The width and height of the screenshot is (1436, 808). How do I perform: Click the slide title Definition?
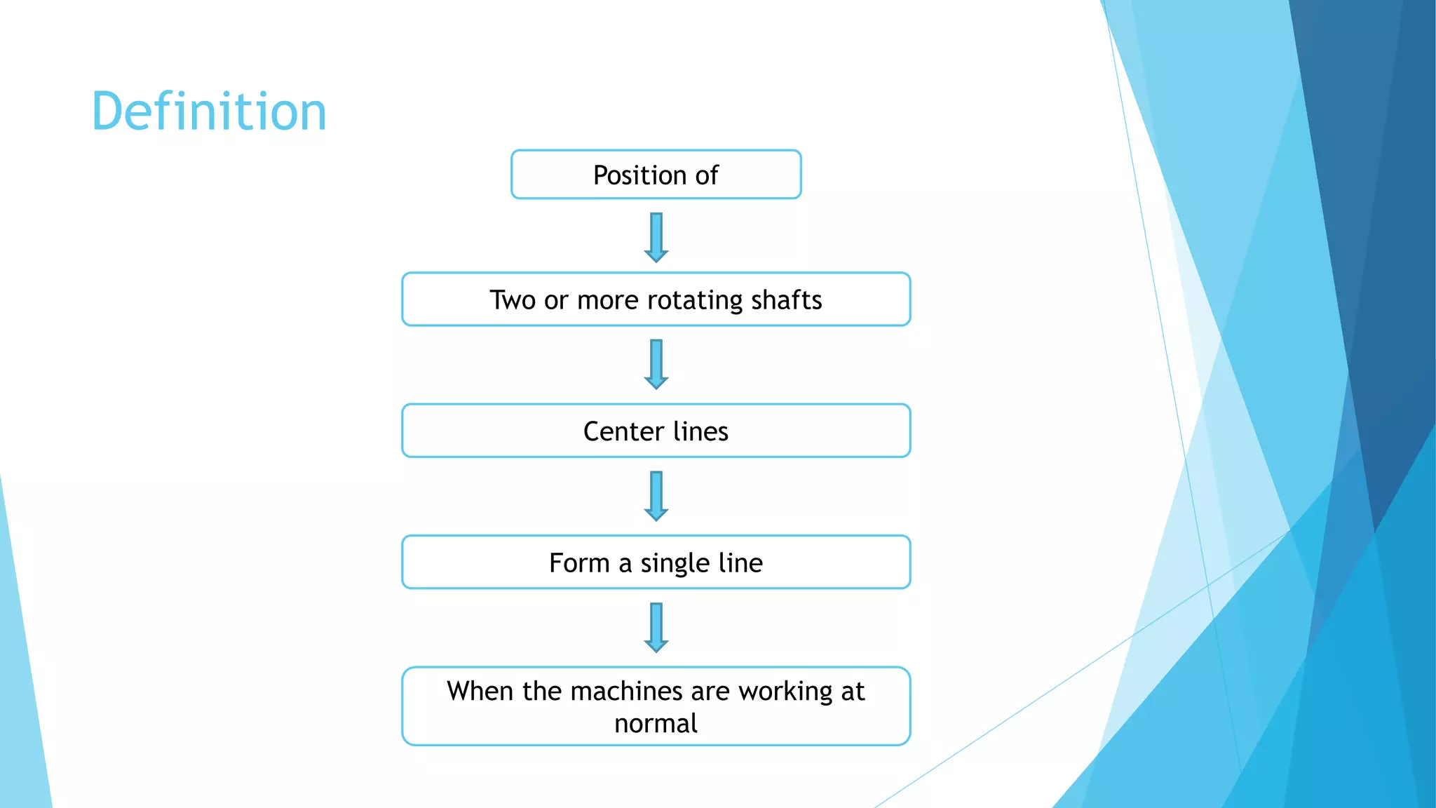[x=209, y=112]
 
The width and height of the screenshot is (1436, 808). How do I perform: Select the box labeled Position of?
[x=656, y=175]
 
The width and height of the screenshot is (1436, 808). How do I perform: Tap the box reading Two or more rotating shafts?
[x=656, y=299]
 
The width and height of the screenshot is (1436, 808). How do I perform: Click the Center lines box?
[x=656, y=431]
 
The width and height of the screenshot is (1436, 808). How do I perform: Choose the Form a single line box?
[x=656, y=563]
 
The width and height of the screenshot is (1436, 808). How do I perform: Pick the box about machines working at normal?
[x=656, y=706]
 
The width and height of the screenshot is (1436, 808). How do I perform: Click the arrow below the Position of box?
[x=656, y=237]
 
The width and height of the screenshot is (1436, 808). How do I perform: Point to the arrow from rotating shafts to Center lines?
[x=656, y=364]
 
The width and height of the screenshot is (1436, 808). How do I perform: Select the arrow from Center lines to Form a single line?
[x=656, y=496]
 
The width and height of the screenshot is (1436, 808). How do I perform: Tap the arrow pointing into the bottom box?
[x=656, y=627]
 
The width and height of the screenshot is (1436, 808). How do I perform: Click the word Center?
[x=623, y=431]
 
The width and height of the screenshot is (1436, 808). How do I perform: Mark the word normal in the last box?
[x=656, y=723]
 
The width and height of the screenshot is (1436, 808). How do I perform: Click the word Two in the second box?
[x=513, y=300]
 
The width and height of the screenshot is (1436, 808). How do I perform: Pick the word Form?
[x=579, y=563]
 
